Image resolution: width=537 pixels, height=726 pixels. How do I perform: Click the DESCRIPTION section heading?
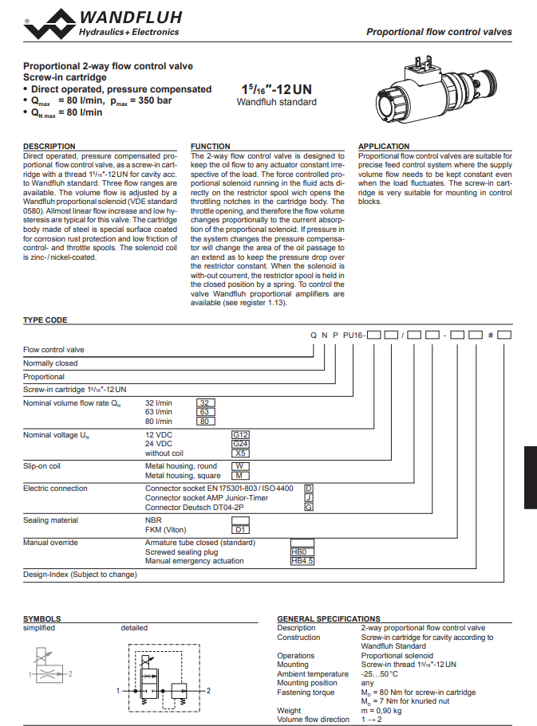[x=49, y=147]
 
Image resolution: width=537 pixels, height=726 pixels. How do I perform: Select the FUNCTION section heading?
[x=211, y=147]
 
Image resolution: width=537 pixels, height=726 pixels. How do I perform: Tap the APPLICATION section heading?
[x=384, y=147]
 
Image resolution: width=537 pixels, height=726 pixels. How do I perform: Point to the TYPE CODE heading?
[x=45, y=320]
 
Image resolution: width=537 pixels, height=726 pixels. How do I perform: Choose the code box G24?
[x=240, y=443]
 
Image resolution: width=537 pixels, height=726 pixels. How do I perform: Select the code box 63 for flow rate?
[x=206, y=412]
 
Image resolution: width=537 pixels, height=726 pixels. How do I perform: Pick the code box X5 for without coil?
[x=240, y=453]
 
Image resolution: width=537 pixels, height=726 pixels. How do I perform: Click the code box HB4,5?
[x=302, y=560]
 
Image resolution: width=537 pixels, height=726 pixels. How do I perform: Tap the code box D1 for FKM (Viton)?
[x=240, y=529]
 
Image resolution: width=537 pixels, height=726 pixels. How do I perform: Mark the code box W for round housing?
[x=240, y=466]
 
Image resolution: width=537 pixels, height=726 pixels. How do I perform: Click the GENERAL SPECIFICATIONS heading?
[x=328, y=618]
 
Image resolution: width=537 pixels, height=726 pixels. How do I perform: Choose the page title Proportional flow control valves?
[x=439, y=33]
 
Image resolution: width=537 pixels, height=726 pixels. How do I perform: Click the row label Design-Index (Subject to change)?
[x=80, y=574]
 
